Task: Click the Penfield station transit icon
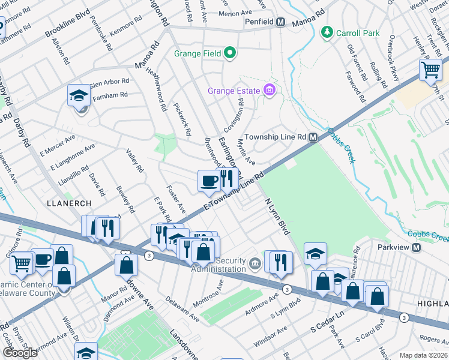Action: [x=280, y=22]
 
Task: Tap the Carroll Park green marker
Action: [x=327, y=32]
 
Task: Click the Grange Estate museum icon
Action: [x=270, y=91]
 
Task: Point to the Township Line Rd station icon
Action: [x=313, y=137]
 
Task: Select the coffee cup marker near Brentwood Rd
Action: [x=208, y=181]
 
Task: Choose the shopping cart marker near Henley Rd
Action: [x=430, y=70]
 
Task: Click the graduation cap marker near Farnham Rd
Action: [x=79, y=96]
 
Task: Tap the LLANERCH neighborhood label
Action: [x=68, y=203]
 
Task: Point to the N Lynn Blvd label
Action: [x=277, y=217]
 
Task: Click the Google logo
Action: [x=20, y=353]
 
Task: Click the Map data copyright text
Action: [x=424, y=355]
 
